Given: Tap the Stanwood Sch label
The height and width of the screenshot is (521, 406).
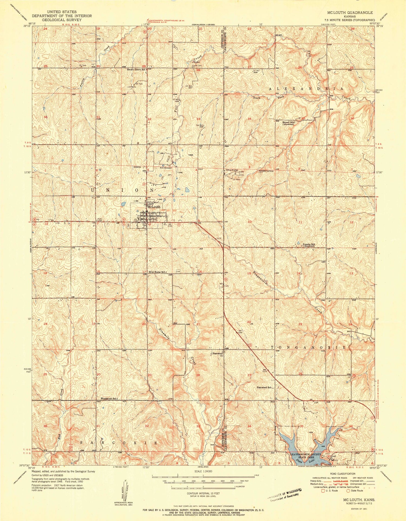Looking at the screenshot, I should point(264,387).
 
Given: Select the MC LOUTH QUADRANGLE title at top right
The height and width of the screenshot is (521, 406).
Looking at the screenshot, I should point(350,12).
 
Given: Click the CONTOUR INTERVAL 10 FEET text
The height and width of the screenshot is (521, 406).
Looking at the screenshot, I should point(203,493).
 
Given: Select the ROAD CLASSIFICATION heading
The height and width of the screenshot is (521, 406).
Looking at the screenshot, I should point(342,473).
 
